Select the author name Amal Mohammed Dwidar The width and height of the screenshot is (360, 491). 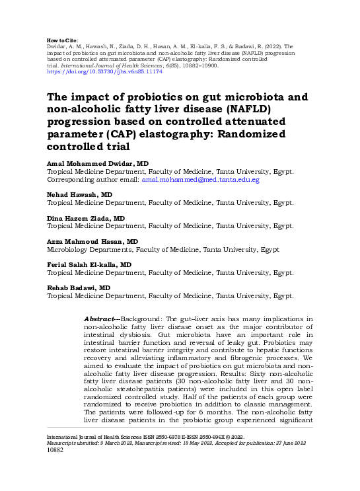[97, 163]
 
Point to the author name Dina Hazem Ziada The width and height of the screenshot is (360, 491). [85, 218]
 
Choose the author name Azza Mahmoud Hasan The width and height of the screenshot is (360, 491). [92, 242]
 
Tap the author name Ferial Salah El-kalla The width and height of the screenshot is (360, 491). [89, 264]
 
